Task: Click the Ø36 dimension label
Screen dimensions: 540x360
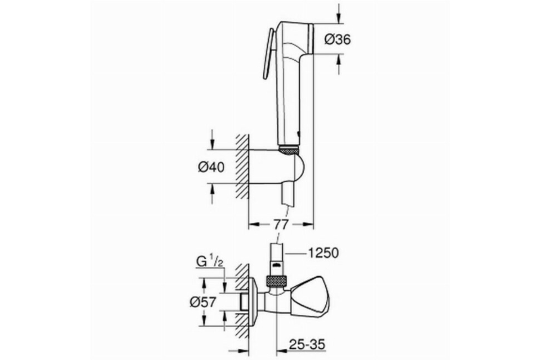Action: point(337,40)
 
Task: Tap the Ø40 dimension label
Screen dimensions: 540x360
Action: point(211,167)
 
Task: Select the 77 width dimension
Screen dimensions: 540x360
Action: point(281,225)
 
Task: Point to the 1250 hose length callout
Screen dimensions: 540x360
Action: point(324,253)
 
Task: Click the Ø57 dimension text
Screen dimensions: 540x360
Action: point(203,301)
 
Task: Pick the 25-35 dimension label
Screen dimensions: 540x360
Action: point(307,344)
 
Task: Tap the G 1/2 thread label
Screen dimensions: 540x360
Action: point(210,262)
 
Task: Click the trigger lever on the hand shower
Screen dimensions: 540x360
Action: point(268,54)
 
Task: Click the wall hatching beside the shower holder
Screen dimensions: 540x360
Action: point(242,166)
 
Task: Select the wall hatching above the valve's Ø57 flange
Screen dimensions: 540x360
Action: point(242,277)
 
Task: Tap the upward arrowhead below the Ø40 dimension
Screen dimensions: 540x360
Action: point(212,189)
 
